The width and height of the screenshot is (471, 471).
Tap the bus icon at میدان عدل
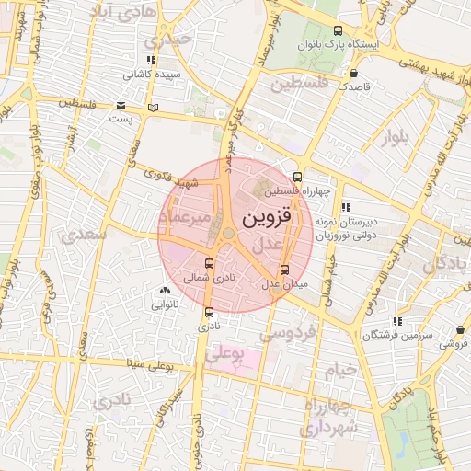point(283,270)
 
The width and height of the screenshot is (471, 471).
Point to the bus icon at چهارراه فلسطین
point(296,178)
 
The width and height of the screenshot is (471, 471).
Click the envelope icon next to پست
point(121,105)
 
